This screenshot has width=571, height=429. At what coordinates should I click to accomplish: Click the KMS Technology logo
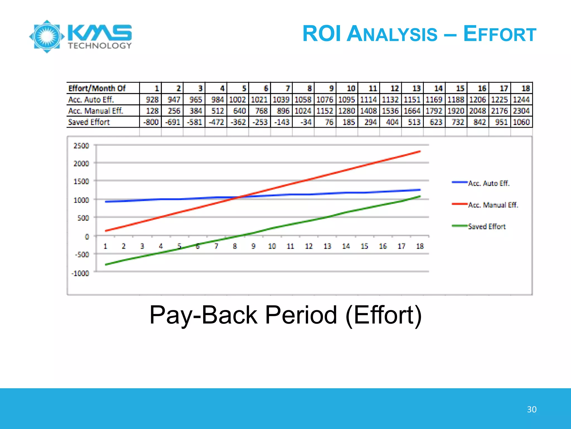click(81, 36)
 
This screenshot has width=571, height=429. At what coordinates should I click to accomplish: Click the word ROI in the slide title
click(322, 34)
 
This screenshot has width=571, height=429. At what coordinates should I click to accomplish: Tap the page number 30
click(531, 409)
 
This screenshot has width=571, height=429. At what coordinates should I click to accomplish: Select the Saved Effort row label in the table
click(89, 122)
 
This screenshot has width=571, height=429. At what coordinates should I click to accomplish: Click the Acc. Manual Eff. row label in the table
click(95, 111)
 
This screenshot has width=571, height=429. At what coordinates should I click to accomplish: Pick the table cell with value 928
click(152, 100)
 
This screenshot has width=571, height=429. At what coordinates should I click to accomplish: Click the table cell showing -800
click(151, 122)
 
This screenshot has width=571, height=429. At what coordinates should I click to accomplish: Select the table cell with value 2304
click(521, 111)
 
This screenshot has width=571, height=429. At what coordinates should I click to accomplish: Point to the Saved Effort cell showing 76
click(329, 122)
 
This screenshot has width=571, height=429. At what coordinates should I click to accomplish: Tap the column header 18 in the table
click(525, 89)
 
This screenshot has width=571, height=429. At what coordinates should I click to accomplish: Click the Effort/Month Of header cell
click(97, 89)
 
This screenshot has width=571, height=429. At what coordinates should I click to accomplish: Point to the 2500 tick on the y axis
click(81, 146)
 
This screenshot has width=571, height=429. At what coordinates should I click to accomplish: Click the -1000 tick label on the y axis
click(80, 273)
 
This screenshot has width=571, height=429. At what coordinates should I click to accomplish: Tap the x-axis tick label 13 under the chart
click(327, 246)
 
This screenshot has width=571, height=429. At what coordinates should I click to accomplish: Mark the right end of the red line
click(420, 152)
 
